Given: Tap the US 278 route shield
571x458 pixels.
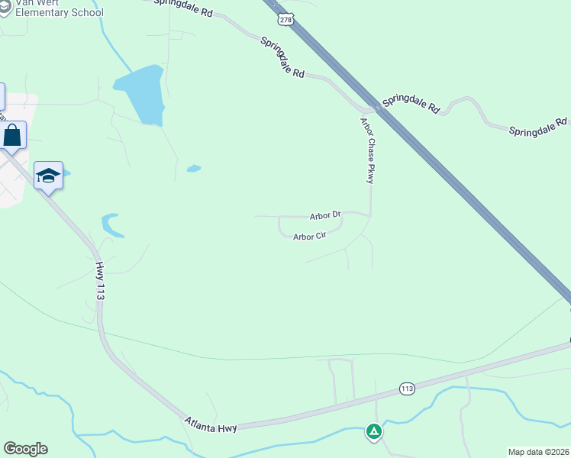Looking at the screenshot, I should pos(285,18).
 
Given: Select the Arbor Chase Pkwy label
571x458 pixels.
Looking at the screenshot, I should pos(368,150).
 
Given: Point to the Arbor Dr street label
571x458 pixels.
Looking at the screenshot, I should pos(324,216).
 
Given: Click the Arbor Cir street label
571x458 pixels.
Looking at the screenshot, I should pos(309,237).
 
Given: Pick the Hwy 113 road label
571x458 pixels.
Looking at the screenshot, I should pos(100,280).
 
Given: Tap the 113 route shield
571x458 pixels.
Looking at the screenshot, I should pos(407,389).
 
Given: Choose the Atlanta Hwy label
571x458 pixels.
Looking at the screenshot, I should pos(210,421).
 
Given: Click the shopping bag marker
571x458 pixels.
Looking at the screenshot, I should pos(13,136).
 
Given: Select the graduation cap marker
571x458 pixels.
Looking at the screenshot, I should pos(48,176).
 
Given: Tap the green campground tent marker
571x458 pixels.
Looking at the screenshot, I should pos(374,432).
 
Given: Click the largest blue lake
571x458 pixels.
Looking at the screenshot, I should pos(142,93).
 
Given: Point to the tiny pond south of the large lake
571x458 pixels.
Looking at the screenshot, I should pos(194,168).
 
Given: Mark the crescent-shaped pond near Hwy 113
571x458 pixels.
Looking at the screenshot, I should pos(112,225).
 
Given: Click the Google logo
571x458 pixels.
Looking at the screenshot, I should pos(25,449).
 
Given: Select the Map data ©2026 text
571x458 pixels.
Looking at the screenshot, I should pos(539,452).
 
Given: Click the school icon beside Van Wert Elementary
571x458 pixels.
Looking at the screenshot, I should pos(5,9).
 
